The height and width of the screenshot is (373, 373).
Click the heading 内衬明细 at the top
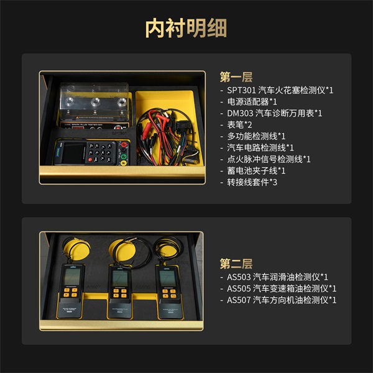coord(186,28)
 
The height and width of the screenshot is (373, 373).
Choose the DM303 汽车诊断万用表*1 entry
coord(274,113)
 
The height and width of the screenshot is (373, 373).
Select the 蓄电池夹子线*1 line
coord(256,170)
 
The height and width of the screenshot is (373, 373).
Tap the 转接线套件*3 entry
coord(252,182)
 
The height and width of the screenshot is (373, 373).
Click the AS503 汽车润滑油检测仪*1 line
coord(277,277)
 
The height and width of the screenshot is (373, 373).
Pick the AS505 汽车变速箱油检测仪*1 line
coord(282,288)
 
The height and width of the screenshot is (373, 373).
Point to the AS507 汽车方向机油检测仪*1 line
coord(282,300)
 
